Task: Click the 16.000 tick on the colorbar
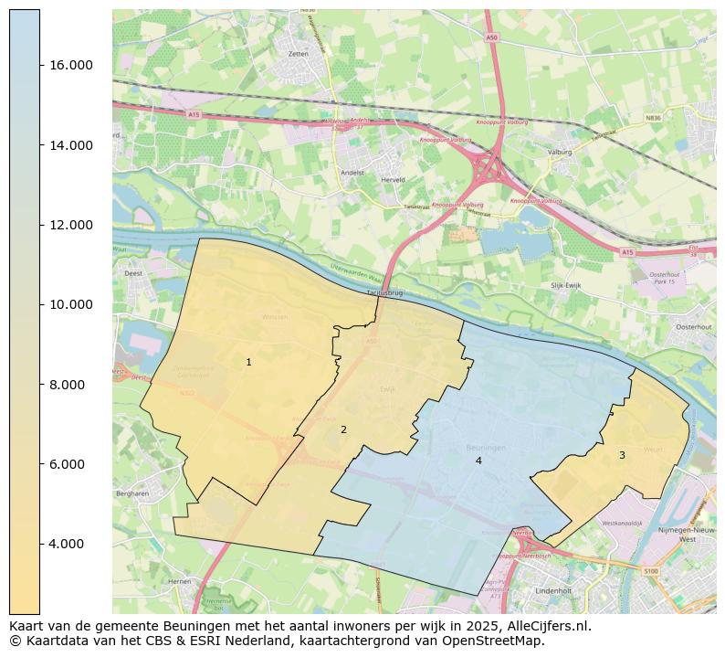pyautogui.click(x=70, y=66)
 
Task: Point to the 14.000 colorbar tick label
pyautogui.click(x=70, y=145)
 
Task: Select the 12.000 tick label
pyautogui.click(x=70, y=226)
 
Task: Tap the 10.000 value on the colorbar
pyautogui.click(x=70, y=305)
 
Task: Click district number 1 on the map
pyautogui.click(x=248, y=363)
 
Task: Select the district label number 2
pyautogui.click(x=343, y=429)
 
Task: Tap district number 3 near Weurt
pyautogui.click(x=622, y=455)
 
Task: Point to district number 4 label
pyautogui.click(x=478, y=461)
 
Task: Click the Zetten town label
pyautogui.click(x=298, y=54)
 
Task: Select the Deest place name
pyautogui.click(x=132, y=272)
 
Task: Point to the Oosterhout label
pyautogui.click(x=693, y=327)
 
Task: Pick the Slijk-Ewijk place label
pyautogui.click(x=565, y=286)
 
